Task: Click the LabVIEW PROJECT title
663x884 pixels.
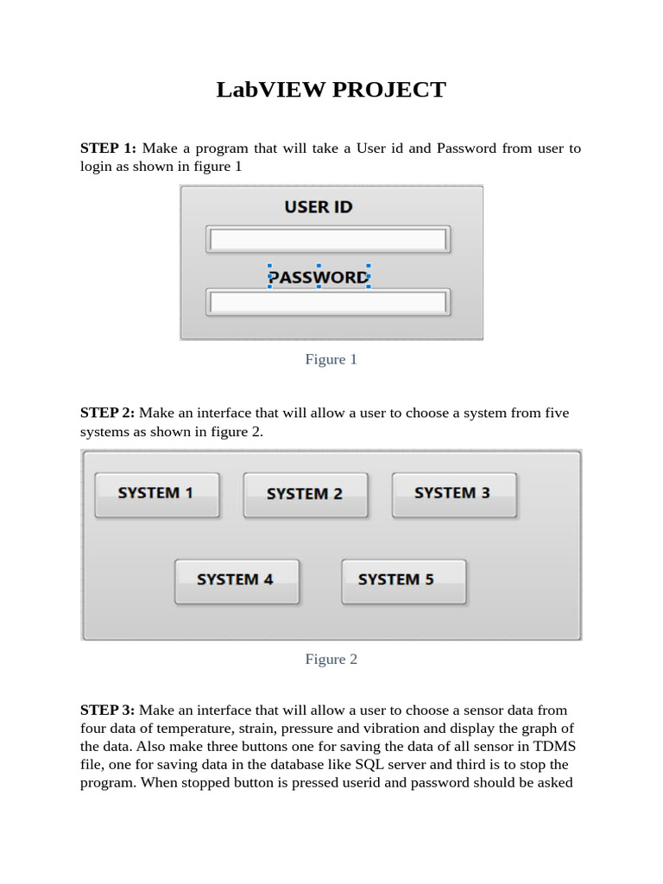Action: (x=331, y=89)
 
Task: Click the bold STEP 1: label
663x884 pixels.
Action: (x=108, y=148)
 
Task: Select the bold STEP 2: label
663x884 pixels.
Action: (x=108, y=413)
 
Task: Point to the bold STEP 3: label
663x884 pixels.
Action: (x=108, y=710)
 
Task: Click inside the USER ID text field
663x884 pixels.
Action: (x=328, y=239)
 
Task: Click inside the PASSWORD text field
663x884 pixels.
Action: (x=328, y=302)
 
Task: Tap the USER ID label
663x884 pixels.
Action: (x=319, y=207)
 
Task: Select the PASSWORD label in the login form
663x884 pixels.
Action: (x=318, y=277)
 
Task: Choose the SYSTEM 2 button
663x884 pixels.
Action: (x=305, y=495)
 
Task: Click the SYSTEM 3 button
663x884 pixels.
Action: (x=453, y=494)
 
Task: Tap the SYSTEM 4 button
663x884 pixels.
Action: (x=236, y=580)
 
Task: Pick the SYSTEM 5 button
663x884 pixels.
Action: (x=403, y=580)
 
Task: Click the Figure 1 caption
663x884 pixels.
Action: (x=331, y=359)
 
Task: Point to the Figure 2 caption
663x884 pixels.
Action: (x=331, y=659)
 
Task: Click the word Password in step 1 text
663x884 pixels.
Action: (x=466, y=148)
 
